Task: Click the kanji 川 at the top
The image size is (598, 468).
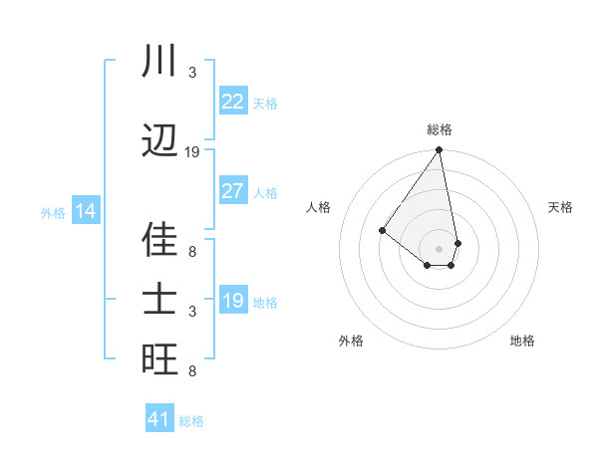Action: coord(159,61)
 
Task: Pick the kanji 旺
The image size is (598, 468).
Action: coord(159,359)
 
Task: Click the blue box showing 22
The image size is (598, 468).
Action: coord(233,102)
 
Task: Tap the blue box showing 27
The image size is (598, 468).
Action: coord(233,191)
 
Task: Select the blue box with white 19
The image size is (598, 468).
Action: coord(233,301)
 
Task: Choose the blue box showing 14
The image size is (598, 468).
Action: coord(86,211)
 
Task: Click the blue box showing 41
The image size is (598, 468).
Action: coord(159,419)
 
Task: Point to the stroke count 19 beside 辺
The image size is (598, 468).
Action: coord(192,152)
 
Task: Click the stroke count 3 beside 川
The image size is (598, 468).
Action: coord(192,73)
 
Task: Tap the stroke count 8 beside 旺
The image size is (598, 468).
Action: coord(192,371)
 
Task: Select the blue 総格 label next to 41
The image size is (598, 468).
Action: coord(191,421)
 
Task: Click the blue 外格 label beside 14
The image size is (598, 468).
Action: coord(53,212)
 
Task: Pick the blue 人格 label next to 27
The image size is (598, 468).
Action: coord(265,192)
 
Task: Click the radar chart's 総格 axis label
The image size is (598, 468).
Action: coord(440,129)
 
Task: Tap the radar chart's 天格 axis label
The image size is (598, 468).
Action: coord(561,207)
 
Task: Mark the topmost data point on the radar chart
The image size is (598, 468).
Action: coord(439,150)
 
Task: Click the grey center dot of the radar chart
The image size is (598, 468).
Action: coord(439,248)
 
